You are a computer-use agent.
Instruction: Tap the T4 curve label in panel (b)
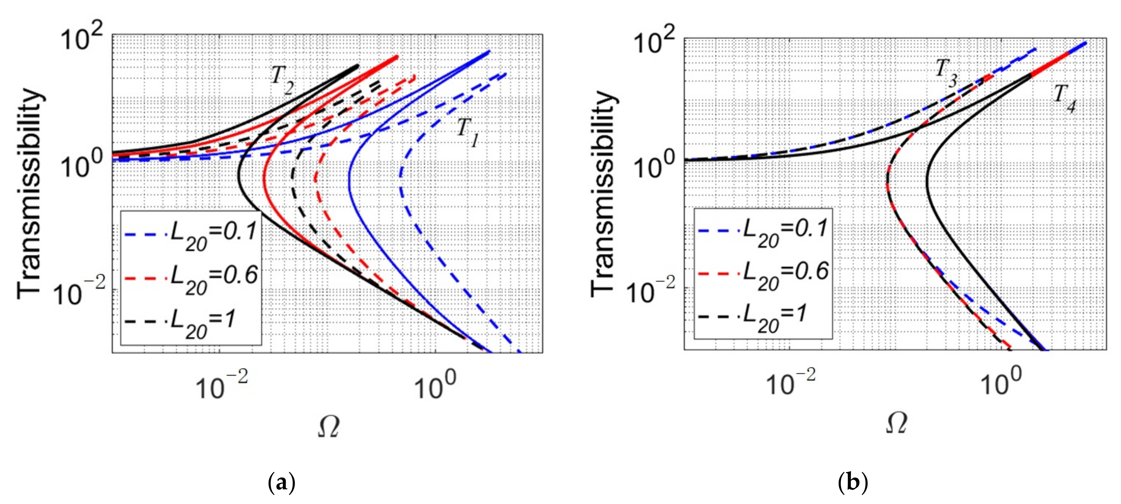1065,98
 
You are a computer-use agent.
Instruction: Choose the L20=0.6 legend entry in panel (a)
192,279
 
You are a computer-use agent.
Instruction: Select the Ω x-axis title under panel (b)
897,422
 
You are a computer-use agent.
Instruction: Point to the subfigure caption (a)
282,483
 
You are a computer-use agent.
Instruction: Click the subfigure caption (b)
853,483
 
